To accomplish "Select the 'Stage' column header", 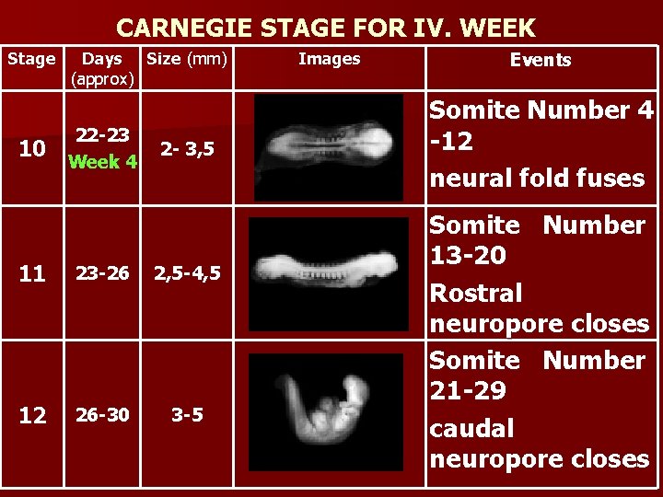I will coord(31,60).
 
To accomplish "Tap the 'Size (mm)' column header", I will coord(187,60).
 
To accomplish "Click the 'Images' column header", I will coord(330,60).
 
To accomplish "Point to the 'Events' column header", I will coord(541,61).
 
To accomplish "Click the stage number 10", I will coord(32,149).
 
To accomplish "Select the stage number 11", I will coord(32,273).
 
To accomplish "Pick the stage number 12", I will coord(32,415).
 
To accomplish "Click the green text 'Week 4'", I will coord(103,163).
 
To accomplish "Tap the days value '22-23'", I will coord(102,135).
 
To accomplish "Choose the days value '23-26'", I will coord(102,272).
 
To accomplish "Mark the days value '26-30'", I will coord(102,414).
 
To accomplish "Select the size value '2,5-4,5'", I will coord(188,273).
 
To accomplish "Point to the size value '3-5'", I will coord(188,414).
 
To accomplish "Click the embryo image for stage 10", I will coord(329,148).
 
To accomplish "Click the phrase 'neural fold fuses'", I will coord(537,178).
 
